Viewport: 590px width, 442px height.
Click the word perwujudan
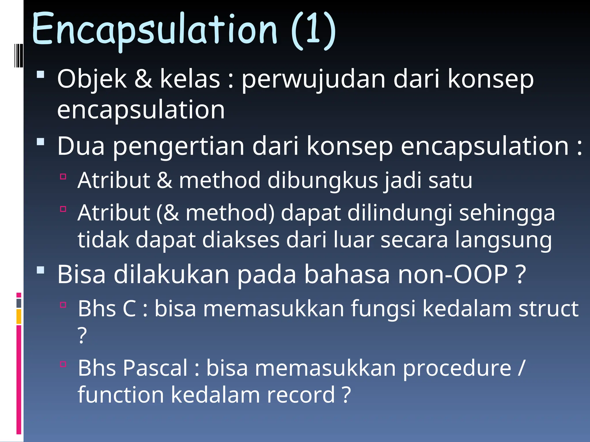(313, 79)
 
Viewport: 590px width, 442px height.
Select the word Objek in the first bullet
(92, 79)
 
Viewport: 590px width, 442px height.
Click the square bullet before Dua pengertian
(41, 142)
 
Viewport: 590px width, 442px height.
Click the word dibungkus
(322, 180)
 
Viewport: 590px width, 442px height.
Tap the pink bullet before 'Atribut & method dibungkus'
(63, 176)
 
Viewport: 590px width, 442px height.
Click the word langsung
(503, 240)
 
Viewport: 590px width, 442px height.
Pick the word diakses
(241, 240)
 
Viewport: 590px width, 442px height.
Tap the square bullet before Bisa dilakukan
(41, 270)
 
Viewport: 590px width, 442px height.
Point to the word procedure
(457, 368)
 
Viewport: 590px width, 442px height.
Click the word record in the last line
(300, 395)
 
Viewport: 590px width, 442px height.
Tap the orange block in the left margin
(19, 317)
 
